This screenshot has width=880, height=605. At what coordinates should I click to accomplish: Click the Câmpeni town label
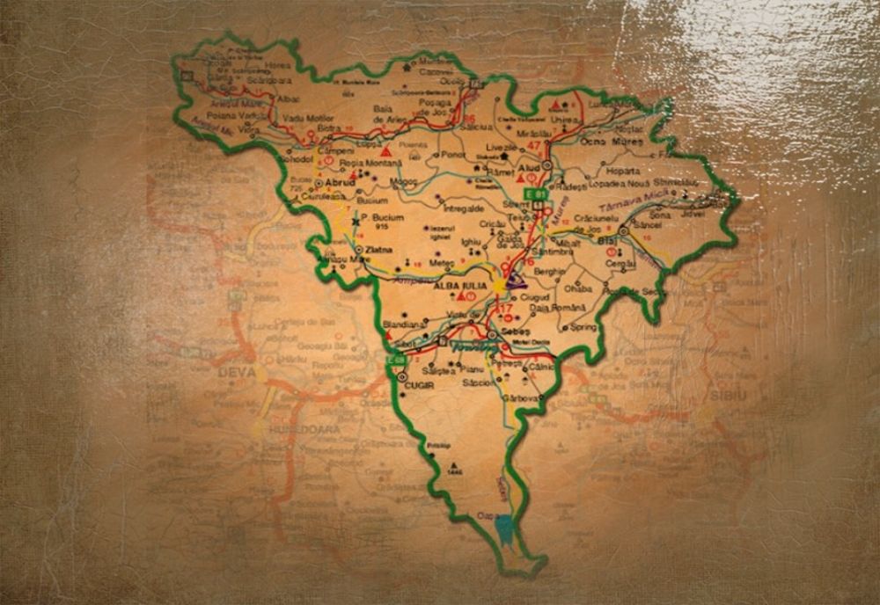click(x=335, y=150)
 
